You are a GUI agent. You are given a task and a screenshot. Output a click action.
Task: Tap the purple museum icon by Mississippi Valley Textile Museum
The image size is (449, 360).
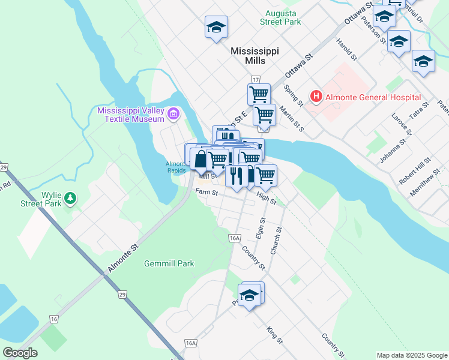click(x=173, y=113)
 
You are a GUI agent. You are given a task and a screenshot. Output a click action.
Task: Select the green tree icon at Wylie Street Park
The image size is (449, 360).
click(x=70, y=197)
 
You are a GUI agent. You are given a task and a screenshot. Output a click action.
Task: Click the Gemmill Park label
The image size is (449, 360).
click(x=169, y=263)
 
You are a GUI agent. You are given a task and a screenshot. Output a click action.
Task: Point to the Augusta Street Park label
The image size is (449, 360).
click(x=280, y=17)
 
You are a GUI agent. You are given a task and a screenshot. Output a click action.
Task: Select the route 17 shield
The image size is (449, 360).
click(x=256, y=80)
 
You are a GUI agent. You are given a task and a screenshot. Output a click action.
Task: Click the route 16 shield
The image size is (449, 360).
click(x=54, y=319)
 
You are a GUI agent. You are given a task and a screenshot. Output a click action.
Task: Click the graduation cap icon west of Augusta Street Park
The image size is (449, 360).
click(x=216, y=27)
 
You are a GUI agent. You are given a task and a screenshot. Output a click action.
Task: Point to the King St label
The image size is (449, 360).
click(x=275, y=335)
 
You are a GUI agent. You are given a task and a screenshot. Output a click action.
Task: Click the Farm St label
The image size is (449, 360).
click(x=206, y=192)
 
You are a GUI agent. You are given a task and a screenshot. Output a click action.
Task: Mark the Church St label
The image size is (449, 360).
click(x=276, y=240)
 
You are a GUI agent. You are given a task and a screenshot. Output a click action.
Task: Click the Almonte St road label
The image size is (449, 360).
click(x=123, y=259)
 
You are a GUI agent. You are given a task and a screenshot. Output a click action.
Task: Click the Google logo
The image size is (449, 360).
click(x=20, y=353)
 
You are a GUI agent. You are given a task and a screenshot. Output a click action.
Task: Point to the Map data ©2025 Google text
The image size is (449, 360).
click(x=412, y=355)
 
